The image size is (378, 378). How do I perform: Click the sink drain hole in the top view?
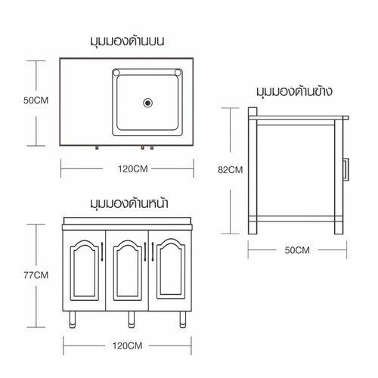[147, 101]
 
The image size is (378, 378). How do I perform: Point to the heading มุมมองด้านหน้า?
[128, 204]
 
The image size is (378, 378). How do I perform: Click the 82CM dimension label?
[229, 170]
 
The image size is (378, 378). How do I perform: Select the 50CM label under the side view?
[296, 249]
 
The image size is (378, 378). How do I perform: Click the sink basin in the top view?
[147, 102]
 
